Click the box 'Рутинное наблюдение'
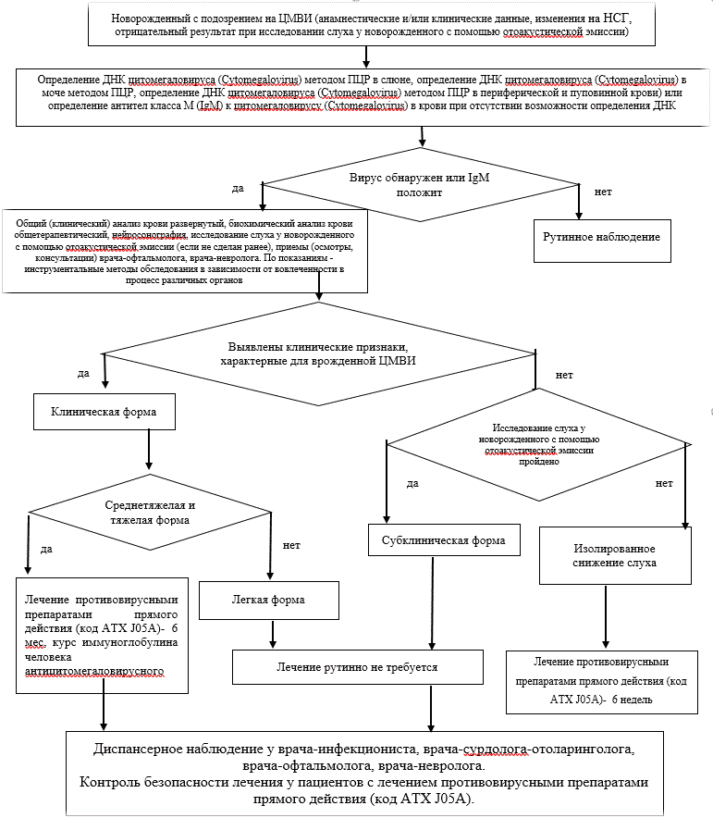(602, 241)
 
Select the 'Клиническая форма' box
(104, 412)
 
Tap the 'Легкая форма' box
(269, 601)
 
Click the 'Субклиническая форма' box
(444, 540)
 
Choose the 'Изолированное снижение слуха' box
(615, 555)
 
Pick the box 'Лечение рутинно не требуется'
(358, 667)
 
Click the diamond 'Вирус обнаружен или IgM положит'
(420, 185)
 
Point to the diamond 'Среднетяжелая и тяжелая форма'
(150, 513)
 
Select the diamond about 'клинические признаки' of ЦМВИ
(319, 354)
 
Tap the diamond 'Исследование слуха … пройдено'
(539, 444)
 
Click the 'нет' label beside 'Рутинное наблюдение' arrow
(603, 192)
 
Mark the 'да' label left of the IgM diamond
(238, 189)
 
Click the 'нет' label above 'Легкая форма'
(291, 545)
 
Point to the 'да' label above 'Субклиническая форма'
(412, 484)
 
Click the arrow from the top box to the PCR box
(366, 56)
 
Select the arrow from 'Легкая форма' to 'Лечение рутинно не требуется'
(272, 634)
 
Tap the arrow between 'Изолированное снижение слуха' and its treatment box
(606, 616)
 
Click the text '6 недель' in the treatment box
(632, 700)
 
